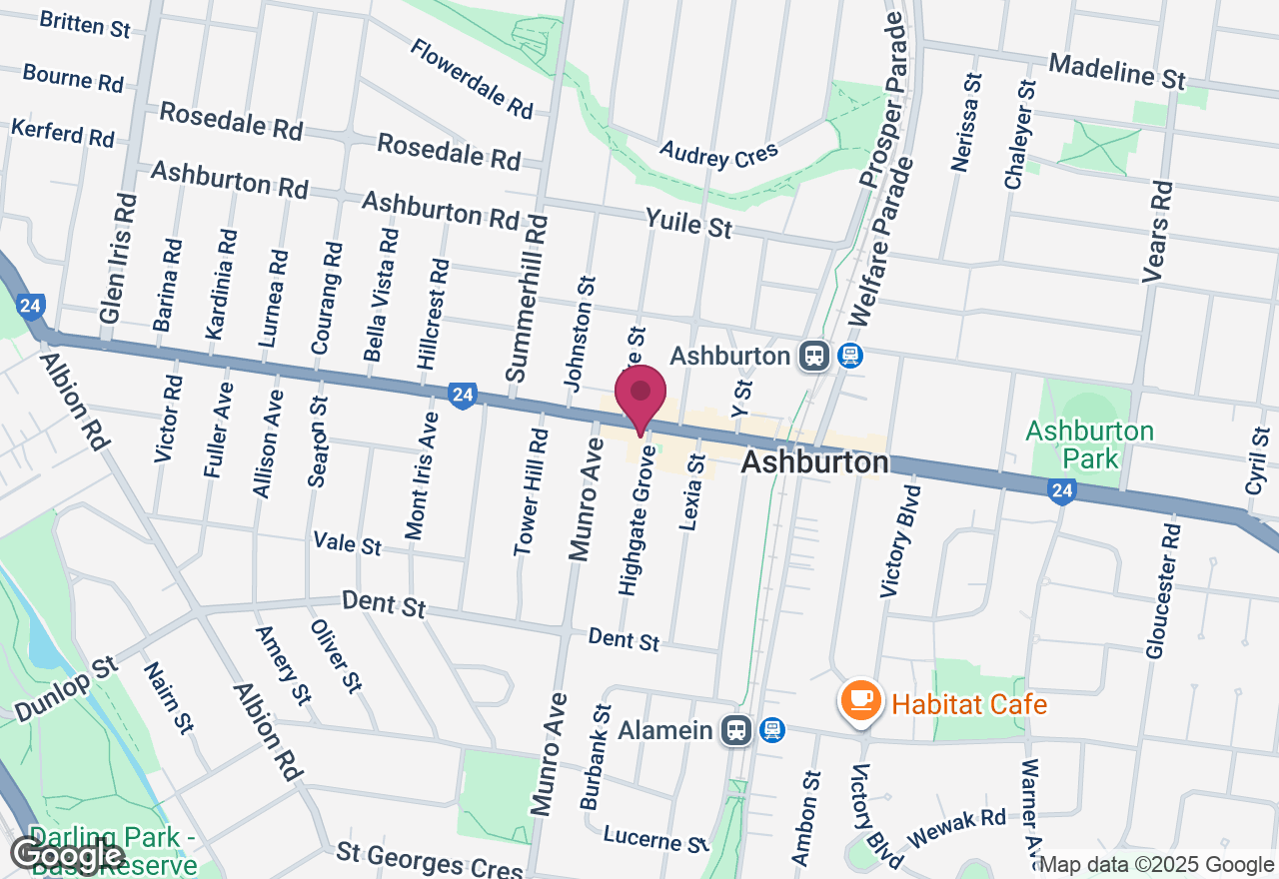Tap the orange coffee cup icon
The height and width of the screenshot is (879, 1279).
coord(860,700)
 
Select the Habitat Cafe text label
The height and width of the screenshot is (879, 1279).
coord(969,704)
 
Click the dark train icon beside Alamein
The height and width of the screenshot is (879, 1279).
coord(737,730)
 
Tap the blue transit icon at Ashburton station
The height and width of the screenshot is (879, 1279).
coord(850,356)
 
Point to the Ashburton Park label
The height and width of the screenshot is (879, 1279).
coord(1089,444)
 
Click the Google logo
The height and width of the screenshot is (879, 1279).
coord(67,854)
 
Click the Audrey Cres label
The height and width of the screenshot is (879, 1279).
coord(718,153)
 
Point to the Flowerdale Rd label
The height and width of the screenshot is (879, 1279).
coord(473,78)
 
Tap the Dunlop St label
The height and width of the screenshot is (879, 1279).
coord(66,688)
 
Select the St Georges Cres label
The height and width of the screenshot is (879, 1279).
coord(430,860)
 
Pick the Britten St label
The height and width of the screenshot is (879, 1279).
coord(85,22)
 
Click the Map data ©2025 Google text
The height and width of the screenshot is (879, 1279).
coord(1156,865)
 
